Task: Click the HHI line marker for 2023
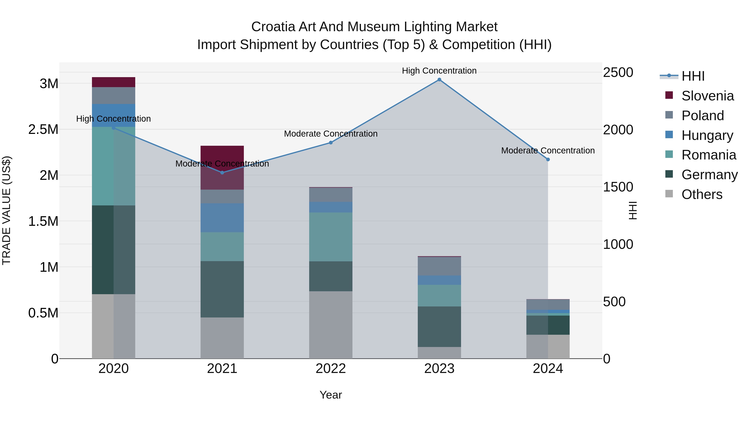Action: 439,80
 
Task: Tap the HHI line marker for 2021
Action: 222,173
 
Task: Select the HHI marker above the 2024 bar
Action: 548,159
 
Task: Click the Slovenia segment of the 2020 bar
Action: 113,82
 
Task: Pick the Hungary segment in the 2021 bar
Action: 222,218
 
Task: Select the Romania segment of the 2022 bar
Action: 331,237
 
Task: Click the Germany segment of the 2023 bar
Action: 439,327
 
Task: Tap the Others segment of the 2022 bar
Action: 331,325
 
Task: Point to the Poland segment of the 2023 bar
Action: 439,266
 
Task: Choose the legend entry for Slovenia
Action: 707,96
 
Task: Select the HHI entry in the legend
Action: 693,76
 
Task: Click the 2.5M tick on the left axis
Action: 43,129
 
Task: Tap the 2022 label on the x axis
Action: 331,369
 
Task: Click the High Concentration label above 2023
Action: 439,71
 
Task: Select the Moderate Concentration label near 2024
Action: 548,151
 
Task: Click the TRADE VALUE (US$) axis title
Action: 6,210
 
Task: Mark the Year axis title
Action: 331,395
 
